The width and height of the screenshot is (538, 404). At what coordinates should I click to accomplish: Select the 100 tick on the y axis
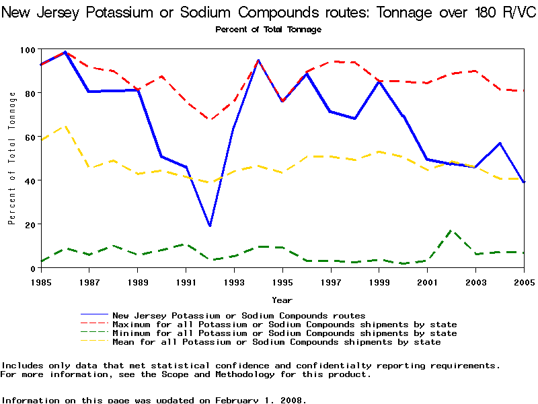28,50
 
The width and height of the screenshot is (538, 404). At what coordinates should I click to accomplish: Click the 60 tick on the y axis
30,137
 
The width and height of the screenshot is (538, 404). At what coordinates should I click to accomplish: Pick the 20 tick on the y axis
30,224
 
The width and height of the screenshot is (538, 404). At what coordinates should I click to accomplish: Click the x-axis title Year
282,300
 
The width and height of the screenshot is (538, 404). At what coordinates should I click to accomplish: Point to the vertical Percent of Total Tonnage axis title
12,159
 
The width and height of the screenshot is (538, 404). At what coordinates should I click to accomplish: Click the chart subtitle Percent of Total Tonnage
268,29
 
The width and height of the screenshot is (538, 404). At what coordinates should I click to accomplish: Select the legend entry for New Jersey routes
239,315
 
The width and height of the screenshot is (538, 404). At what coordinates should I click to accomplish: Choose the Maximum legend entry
284,325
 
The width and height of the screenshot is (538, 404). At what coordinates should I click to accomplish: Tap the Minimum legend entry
284,333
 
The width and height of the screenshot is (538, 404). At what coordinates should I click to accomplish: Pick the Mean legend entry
276,342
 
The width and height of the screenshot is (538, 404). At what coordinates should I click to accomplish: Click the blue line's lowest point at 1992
210,226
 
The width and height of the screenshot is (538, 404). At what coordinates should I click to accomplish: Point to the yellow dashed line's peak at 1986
65,126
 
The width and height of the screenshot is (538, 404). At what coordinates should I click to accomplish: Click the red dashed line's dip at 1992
210,120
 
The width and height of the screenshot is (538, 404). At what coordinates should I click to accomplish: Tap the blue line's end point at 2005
524,182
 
